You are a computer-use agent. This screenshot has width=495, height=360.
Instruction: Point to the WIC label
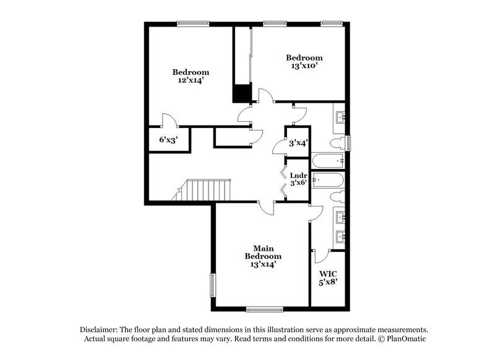click(327, 273)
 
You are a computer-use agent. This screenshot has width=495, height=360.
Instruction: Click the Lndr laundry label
click(299, 176)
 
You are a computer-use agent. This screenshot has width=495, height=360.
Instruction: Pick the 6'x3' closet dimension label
click(167, 140)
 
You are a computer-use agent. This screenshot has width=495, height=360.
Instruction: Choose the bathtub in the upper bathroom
click(328, 161)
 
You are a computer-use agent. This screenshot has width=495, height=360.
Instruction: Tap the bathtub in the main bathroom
click(328, 181)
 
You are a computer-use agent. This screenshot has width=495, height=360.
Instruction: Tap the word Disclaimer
click(100, 330)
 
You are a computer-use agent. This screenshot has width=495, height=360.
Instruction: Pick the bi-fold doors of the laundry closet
click(284, 179)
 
